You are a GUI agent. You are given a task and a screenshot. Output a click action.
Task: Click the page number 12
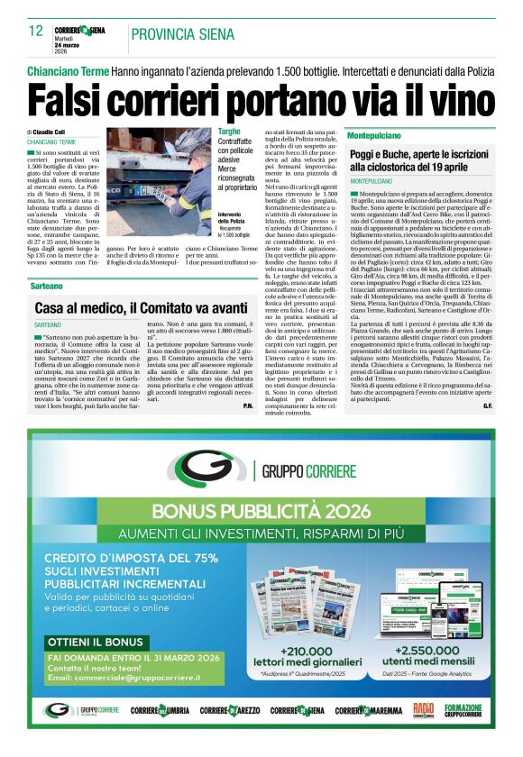[x=36, y=32]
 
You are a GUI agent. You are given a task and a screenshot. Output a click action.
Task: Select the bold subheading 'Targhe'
[x=229, y=132]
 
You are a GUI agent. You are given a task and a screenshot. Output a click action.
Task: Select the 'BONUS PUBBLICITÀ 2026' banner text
[x=261, y=511]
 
